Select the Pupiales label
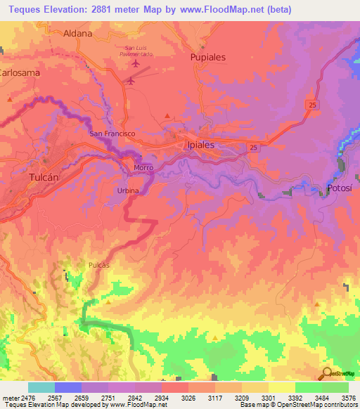[208, 58]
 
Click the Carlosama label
[19, 72]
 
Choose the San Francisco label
[111, 133]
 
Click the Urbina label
[128, 190]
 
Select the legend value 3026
[188, 398]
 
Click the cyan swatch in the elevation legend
[41, 387]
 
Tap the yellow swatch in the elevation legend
[281, 387]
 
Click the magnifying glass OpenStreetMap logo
[327, 373]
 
